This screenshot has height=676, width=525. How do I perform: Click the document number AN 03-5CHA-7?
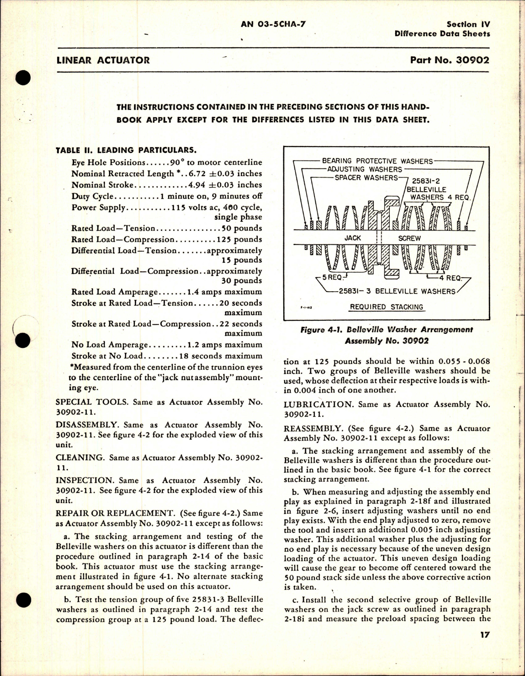pos(273,24)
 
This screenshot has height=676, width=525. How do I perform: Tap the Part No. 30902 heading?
pos(449,60)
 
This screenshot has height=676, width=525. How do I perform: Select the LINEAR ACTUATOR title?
pos(103,60)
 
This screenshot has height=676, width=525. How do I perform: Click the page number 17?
pos(485,635)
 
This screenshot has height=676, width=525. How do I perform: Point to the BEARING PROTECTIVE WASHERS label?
pos(377,161)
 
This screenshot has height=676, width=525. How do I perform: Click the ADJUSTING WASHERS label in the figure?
pos(365,169)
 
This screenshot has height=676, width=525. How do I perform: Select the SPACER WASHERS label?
pos(366,178)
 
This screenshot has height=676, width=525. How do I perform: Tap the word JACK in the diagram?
pos(352,238)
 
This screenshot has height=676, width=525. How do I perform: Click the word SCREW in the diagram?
pos(409,238)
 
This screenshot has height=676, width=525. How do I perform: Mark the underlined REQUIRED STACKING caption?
pos(386,307)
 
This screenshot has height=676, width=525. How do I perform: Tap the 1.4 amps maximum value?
pos(224,292)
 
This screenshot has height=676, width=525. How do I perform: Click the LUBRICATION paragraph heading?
pos(318,405)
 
